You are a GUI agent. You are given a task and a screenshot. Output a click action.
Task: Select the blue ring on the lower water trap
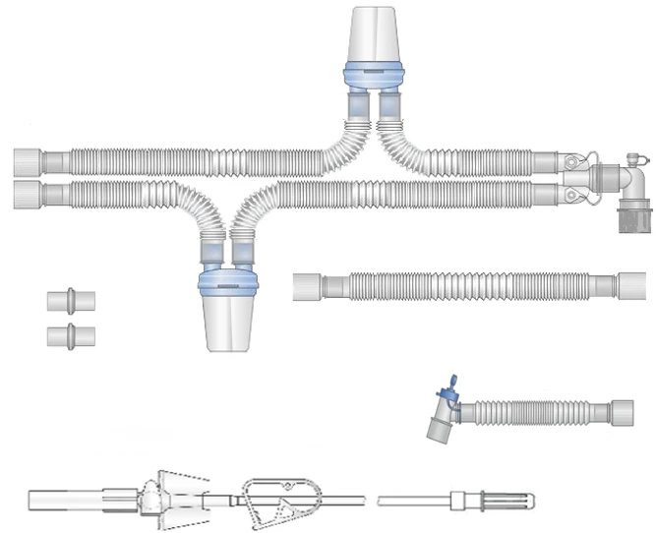(227, 284)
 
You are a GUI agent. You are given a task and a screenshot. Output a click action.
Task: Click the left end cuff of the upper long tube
(30, 160)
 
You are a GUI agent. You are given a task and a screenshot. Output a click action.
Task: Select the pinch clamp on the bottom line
(282, 501)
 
